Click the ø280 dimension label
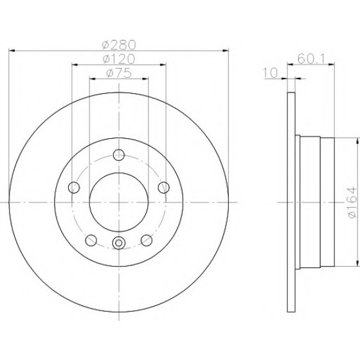pos(119,45)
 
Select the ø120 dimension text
pos(119,59)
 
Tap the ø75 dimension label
pos(119,73)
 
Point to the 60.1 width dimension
pos(311,59)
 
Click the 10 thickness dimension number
pos(270,73)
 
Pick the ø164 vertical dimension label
pos(353,203)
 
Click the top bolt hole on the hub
pos(119,155)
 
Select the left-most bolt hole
pos(74,187)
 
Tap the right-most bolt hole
pos(164,187)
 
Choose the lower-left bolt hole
pos(91,240)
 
